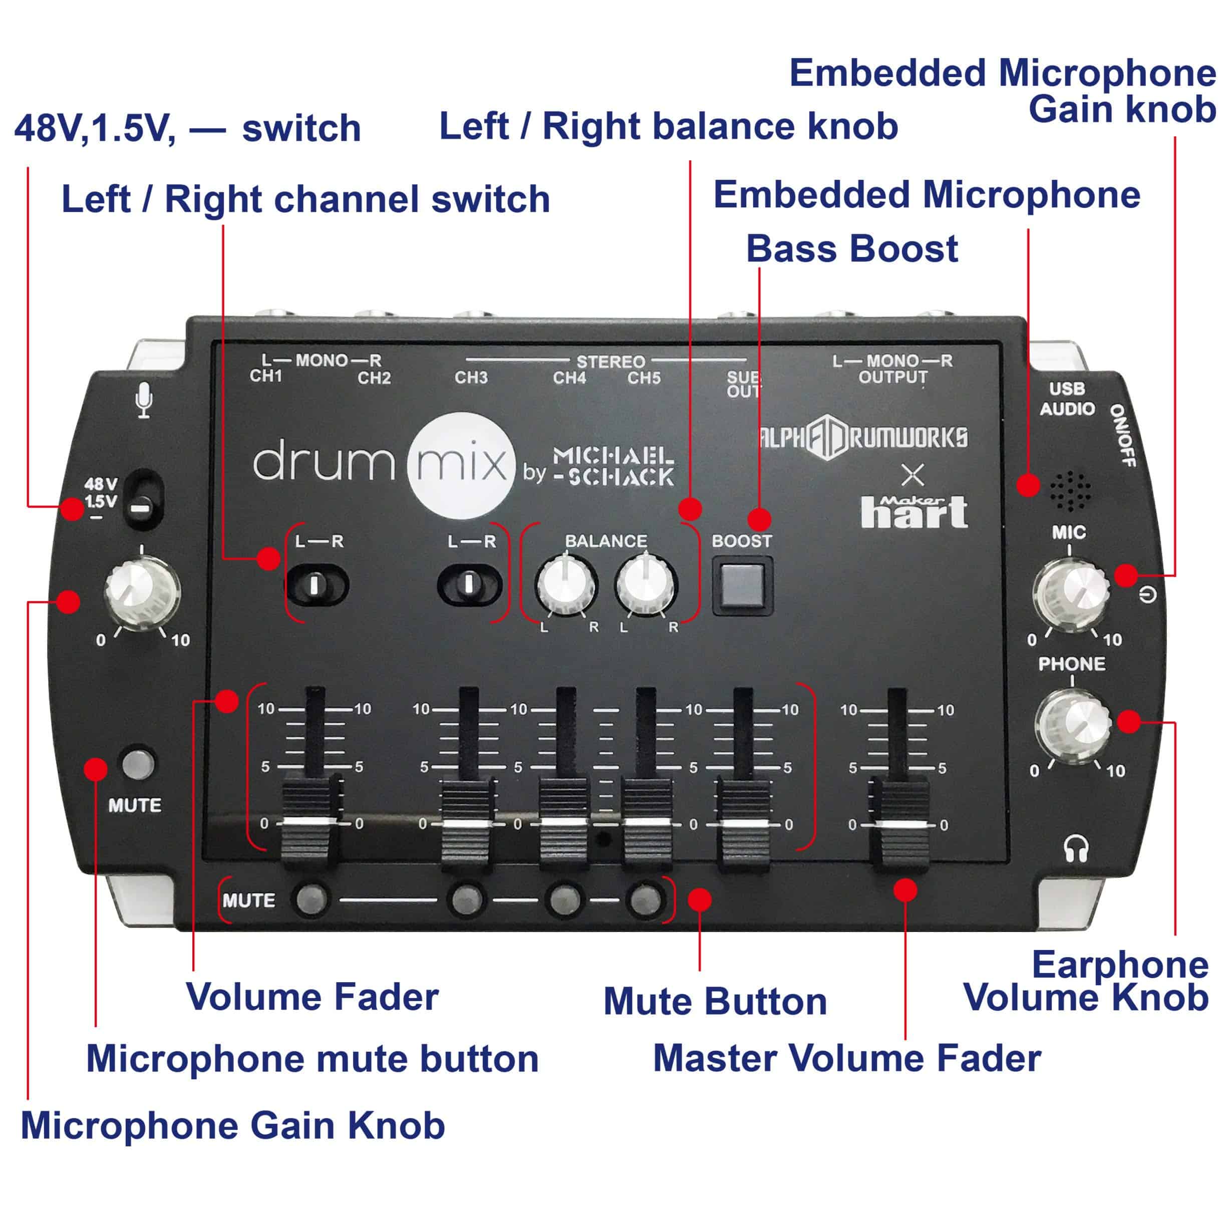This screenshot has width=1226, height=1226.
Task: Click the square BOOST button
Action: tap(742, 585)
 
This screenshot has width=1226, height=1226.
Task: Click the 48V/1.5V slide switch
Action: tap(143, 500)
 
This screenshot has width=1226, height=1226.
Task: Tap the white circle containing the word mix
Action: tap(461, 466)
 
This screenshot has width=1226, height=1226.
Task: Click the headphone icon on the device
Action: tap(1076, 848)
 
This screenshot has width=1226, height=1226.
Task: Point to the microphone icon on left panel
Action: tap(145, 400)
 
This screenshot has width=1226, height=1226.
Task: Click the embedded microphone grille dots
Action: tap(1071, 490)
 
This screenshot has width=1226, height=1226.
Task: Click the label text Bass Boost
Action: tap(851, 249)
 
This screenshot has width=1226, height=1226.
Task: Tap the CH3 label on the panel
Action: tap(471, 378)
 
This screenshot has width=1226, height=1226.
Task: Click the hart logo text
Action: tap(914, 513)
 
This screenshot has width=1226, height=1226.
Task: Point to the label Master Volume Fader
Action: tap(846, 1058)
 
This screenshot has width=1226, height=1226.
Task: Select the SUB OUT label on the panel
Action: tap(744, 385)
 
